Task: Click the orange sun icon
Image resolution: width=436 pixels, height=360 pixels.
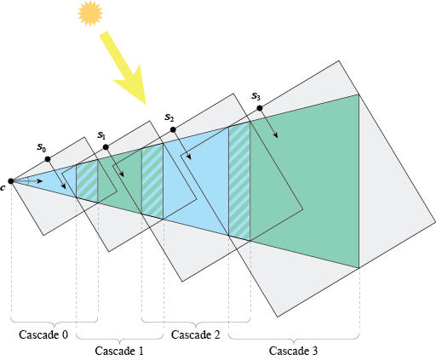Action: (x=90, y=14)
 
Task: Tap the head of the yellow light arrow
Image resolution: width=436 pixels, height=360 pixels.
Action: (x=134, y=87)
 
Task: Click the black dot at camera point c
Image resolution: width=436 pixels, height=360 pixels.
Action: (x=11, y=181)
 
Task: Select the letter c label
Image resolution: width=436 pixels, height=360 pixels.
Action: (x=3, y=188)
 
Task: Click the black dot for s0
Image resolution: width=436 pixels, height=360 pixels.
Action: (x=48, y=159)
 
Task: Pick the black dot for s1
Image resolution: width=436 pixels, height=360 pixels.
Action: (x=106, y=147)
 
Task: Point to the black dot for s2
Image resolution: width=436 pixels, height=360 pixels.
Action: (x=173, y=129)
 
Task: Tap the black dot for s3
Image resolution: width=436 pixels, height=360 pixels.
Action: (x=260, y=108)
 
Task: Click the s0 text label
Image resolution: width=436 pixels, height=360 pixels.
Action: (x=42, y=147)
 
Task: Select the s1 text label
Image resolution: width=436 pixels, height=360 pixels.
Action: (x=101, y=135)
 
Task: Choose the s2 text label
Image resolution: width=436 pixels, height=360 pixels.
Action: (x=169, y=117)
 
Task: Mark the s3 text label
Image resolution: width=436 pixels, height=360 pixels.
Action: (x=255, y=96)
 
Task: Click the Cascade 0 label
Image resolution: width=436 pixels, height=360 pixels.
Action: (x=43, y=334)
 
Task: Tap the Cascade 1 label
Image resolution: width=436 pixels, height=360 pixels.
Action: (x=119, y=351)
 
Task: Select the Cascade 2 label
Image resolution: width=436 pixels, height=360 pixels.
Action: (x=196, y=334)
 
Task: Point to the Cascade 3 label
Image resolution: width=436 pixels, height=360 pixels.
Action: (x=294, y=351)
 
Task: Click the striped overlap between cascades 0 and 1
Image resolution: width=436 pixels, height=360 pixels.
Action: (x=87, y=181)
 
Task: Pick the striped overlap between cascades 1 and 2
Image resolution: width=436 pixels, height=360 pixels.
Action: (x=152, y=181)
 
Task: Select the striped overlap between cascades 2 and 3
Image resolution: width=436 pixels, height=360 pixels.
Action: (x=239, y=181)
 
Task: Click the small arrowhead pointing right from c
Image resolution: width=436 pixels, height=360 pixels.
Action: (x=40, y=181)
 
